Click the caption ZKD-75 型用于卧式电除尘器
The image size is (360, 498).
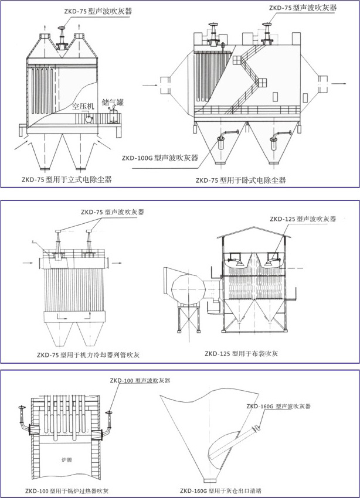point(240,180)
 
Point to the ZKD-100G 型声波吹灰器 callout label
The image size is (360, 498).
point(159,158)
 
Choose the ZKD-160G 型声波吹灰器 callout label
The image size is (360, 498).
point(278,405)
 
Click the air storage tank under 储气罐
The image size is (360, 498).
point(113,115)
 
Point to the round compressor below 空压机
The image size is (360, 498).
point(89,118)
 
